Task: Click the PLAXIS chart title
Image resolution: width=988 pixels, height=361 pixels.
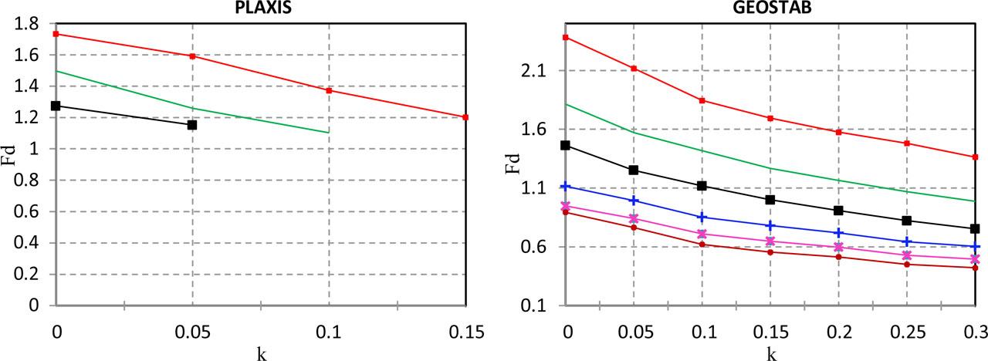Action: click(x=258, y=7)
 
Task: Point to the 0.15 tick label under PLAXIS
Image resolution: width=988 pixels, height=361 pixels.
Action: click(x=465, y=333)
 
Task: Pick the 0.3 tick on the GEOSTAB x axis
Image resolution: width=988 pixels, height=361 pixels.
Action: click(x=976, y=333)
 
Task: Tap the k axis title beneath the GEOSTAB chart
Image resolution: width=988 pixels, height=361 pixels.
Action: click(x=770, y=353)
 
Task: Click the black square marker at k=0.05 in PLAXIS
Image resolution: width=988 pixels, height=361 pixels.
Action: click(x=192, y=124)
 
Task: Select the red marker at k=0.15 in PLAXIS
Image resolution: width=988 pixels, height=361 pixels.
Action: click(x=465, y=117)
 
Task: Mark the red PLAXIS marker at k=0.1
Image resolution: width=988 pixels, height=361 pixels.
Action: click(x=329, y=90)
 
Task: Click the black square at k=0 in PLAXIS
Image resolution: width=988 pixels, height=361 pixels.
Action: click(x=56, y=106)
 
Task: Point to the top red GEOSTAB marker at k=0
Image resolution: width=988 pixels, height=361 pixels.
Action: click(x=566, y=37)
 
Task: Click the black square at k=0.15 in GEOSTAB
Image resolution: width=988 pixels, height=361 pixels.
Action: click(x=770, y=200)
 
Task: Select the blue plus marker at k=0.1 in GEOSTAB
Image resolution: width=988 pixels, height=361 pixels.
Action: click(x=702, y=218)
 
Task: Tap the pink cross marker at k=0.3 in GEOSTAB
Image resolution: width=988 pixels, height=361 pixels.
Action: click(x=976, y=259)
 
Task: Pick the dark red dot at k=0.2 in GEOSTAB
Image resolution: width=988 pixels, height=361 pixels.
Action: click(x=839, y=257)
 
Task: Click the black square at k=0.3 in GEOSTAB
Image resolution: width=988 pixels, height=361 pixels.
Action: click(x=976, y=229)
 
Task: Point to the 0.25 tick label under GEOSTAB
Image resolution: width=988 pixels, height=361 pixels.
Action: click(x=907, y=333)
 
